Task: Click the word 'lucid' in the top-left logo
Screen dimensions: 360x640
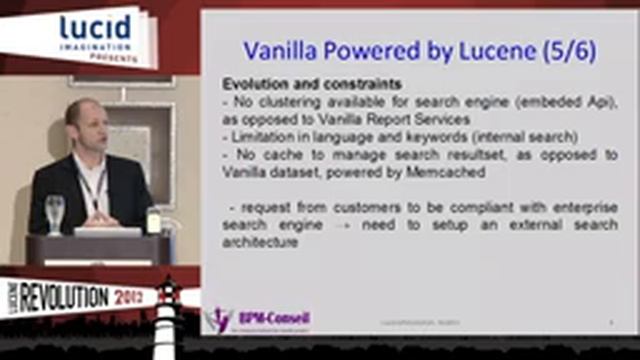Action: [95, 28]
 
